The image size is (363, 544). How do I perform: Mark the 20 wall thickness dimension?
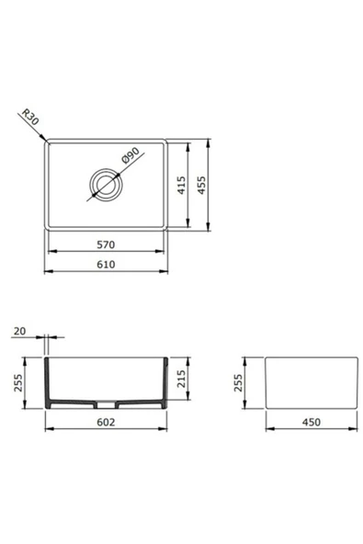19,330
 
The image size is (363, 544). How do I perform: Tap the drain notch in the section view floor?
107,403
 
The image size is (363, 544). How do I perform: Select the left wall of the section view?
48,381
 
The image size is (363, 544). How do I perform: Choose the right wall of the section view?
166,381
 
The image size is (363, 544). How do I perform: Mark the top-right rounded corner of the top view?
164,143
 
